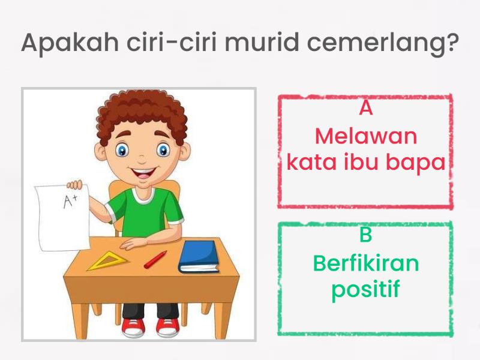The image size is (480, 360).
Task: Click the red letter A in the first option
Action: click(x=365, y=109)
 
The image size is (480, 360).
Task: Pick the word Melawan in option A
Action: click(x=365, y=136)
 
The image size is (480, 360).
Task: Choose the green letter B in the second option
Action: click(x=365, y=235)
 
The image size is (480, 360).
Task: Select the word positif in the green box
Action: click(x=365, y=290)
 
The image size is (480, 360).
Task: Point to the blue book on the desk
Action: click(x=198, y=256)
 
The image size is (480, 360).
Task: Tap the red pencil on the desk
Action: click(x=155, y=259)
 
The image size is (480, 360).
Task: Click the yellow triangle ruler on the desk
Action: click(x=108, y=262)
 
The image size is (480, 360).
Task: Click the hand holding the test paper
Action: click(x=75, y=184)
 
